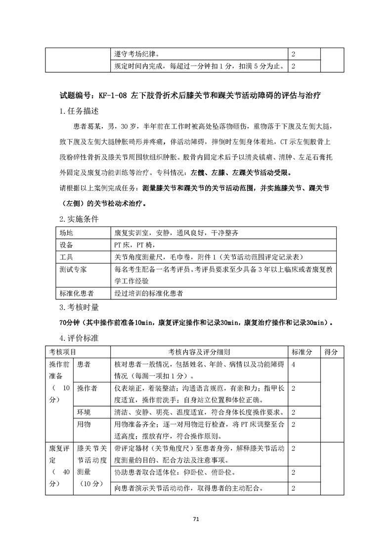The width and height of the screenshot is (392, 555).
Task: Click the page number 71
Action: pos(196,519)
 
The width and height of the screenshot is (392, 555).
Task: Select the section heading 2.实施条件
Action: pos(79,218)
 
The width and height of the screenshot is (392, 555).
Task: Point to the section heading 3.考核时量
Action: pos(79,307)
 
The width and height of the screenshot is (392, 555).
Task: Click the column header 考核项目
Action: pos(63,352)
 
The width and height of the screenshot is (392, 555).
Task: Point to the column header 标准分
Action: pos(302,352)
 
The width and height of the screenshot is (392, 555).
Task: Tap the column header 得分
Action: pos(331,352)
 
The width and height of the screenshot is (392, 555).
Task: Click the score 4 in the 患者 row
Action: pos(294,365)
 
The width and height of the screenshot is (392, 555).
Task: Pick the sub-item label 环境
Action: pos(84,412)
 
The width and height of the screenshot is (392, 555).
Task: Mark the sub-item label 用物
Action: pos(84,424)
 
